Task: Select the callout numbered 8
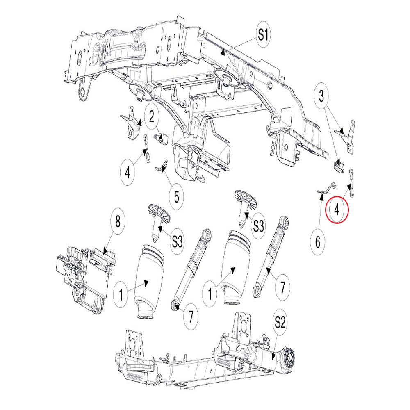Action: click(x=118, y=222)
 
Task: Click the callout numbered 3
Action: click(x=321, y=97)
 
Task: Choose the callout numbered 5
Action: click(x=177, y=196)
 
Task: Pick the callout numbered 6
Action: click(x=317, y=243)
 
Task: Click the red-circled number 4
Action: click(x=337, y=210)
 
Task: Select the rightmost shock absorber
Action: click(x=271, y=254)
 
